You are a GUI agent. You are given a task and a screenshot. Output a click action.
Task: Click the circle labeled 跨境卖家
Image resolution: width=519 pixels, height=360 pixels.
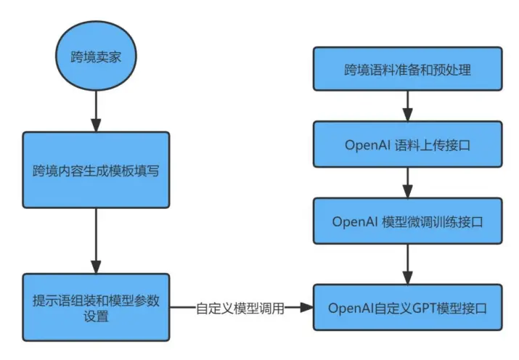coord(96,56)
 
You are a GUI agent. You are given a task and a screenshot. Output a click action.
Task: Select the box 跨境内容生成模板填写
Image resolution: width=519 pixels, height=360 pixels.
coord(96,170)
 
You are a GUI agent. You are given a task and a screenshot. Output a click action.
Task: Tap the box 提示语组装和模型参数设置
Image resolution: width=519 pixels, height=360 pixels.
coord(96,308)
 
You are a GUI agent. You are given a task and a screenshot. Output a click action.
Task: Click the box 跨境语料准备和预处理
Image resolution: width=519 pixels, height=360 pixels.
coord(408,69)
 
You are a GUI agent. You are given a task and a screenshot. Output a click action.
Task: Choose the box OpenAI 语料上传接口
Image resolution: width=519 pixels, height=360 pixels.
coord(408,144)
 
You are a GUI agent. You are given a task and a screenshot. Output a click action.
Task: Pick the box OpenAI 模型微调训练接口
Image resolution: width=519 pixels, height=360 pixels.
coord(408,221)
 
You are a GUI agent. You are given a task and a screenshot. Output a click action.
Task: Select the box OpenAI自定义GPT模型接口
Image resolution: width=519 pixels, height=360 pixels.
coord(408,308)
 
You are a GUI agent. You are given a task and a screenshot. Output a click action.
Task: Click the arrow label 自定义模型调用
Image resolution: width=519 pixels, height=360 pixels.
coord(240,308)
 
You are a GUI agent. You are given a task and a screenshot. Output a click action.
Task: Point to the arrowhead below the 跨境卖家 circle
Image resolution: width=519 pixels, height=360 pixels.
coord(96,125)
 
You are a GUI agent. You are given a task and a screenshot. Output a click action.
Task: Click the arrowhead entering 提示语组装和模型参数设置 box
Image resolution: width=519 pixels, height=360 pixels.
coord(96,266)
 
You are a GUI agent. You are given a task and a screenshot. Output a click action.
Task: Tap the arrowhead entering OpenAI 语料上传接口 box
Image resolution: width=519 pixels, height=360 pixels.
coord(408,115)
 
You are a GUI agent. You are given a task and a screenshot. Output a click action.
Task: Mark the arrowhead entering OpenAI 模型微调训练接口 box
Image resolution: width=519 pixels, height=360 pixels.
coord(408,191)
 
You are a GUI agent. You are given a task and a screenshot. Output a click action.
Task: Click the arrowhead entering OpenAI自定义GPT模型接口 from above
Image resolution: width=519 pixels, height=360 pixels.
coord(408,277)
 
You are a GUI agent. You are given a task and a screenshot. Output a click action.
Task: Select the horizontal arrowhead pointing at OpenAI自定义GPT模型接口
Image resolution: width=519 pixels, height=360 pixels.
coord(306,308)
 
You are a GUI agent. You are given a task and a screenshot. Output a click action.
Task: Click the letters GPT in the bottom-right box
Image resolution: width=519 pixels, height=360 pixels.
coord(425,308)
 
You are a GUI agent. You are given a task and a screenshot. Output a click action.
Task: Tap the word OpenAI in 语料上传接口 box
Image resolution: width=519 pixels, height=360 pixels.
coord(368,145)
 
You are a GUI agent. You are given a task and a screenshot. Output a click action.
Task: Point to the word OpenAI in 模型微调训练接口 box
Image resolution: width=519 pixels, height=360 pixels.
coord(355,222)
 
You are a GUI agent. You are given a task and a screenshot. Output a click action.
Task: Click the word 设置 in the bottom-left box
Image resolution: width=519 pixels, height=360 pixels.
coord(96,316)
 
